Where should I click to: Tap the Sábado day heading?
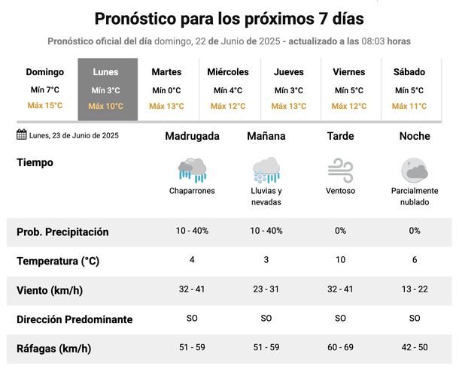click(x=409, y=72)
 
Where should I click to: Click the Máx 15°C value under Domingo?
click(x=45, y=106)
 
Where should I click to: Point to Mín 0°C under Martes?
click(x=166, y=90)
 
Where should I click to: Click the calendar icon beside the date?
click(x=22, y=135)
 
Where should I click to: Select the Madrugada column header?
click(x=192, y=137)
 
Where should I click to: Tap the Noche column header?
click(x=415, y=137)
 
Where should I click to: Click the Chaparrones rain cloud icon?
click(x=192, y=169)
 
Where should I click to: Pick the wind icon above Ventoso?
click(x=341, y=169)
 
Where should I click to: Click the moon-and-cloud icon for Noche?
click(x=415, y=169)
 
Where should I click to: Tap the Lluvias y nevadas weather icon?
click(x=266, y=169)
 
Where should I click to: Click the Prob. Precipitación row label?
click(x=62, y=232)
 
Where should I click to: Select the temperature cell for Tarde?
click(x=341, y=260)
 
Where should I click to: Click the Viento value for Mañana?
click(x=266, y=289)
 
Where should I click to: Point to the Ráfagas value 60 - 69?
click(x=341, y=348)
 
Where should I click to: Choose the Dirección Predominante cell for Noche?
click(x=415, y=319)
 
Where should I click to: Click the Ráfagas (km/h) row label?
click(x=53, y=348)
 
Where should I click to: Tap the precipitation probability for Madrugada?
click(x=192, y=231)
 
